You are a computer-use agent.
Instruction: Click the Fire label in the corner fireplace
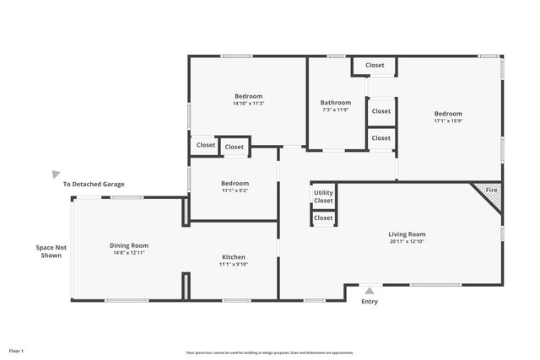pos(492,191)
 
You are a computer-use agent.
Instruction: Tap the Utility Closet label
pos(323,196)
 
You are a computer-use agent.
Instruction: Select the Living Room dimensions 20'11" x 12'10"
pos(407,242)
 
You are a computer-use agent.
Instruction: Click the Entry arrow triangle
pos(370,290)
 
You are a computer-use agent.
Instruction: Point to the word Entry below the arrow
pos(370,302)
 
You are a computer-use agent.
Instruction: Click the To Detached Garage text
pos(94,184)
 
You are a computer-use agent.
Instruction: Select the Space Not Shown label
pos(51,251)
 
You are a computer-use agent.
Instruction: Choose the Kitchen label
pos(234,257)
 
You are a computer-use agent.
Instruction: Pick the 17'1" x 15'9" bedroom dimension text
pos(448,121)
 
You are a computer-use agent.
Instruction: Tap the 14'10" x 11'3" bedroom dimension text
pos(248,104)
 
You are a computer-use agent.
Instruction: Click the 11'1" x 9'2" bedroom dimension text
pos(235,191)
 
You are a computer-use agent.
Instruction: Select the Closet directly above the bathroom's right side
pos(375,65)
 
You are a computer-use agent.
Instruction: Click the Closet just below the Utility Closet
pos(323,218)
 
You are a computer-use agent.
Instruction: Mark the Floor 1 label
pos(16,350)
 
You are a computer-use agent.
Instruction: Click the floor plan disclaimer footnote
pos(270,352)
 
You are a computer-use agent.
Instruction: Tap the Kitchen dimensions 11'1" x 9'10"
pos(234,265)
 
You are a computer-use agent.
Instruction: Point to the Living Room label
pos(407,234)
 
